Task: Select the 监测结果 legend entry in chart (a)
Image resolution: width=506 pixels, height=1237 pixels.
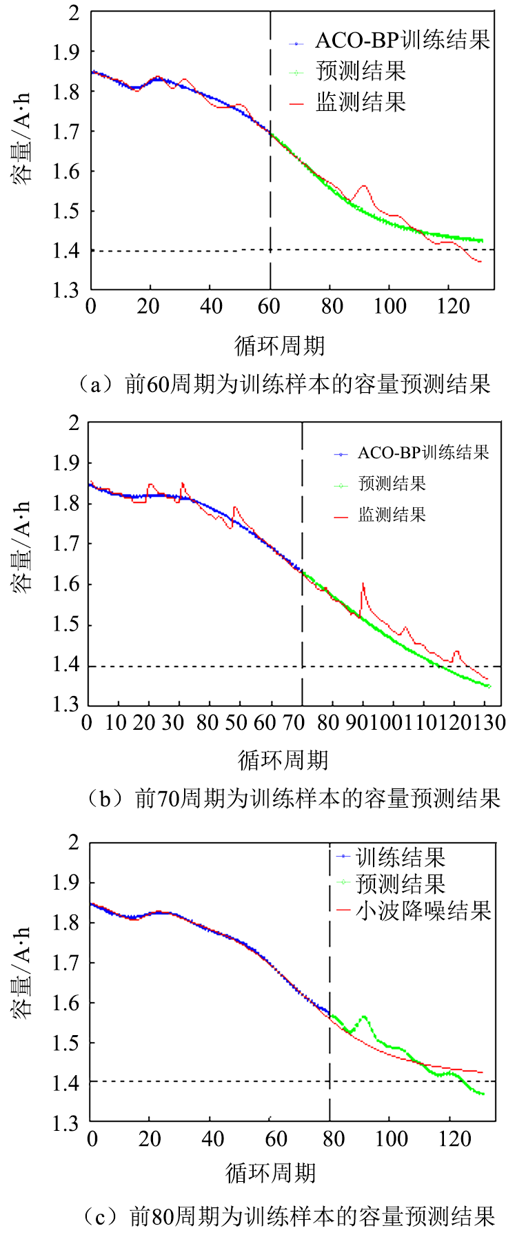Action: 361,102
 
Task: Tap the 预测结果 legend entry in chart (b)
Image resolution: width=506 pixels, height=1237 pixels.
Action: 392,484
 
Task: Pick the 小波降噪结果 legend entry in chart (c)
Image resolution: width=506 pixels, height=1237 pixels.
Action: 423,911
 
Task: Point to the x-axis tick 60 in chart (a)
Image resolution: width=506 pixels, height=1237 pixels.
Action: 270,305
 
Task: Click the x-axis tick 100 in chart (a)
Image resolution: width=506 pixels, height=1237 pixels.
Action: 390,305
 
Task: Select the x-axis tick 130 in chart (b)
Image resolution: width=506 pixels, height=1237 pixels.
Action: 491,722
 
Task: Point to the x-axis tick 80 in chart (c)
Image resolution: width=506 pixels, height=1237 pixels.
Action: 333,1138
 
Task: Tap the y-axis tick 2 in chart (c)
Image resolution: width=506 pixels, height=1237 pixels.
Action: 73,841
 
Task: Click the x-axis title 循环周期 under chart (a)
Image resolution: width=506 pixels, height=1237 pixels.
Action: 279,345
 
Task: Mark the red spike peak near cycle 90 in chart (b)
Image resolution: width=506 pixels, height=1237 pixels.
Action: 363,584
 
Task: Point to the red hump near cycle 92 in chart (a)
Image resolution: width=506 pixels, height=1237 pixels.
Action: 364,185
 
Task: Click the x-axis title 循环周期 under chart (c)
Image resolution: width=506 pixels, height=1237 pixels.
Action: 271,1172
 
